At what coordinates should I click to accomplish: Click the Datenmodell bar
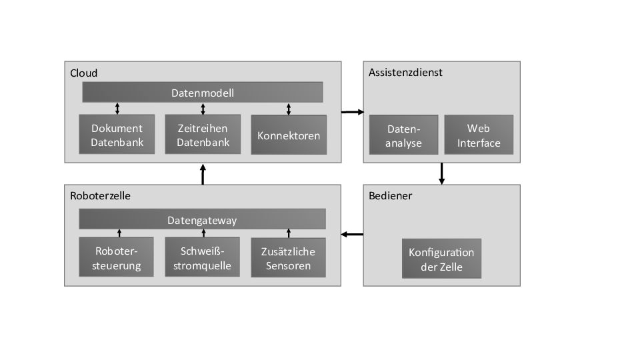[x=203, y=93]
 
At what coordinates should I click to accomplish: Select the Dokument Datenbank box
[x=117, y=135]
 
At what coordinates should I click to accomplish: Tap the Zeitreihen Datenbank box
[x=203, y=135]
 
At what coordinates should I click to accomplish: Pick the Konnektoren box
[x=289, y=135]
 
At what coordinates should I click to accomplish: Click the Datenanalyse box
[x=404, y=135]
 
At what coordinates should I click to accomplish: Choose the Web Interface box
[x=479, y=135]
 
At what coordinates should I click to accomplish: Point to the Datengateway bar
[x=202, y=219]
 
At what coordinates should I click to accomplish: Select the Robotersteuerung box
[x=117, y=258]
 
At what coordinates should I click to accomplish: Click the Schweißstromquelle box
[x=203, y=258]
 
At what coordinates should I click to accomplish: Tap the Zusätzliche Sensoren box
[x=289, y=258]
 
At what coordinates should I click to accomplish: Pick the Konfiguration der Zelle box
[x=441, y=259]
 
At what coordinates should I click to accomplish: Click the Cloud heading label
[x=84, y=73]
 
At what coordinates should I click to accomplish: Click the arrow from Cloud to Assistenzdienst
[x=352, y=112]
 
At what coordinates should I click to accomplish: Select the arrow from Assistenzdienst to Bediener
[x=441, y=173]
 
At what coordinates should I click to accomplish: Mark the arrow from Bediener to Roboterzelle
[x=352, y=234]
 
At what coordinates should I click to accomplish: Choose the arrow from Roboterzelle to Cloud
[x=203, y=173]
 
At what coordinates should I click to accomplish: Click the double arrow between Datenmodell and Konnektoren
[x=289, y=109]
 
